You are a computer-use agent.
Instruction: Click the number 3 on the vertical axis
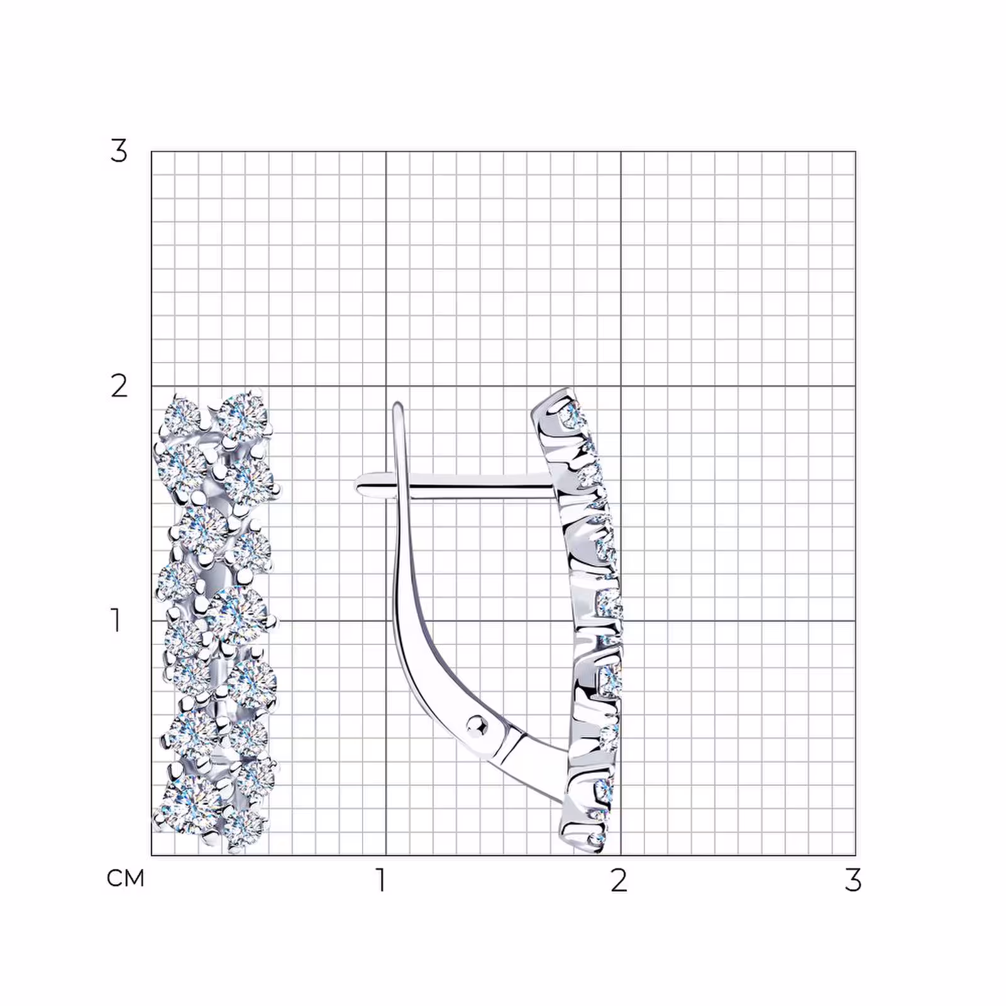pos(119,151)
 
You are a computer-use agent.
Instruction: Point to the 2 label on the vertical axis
pos(119,386)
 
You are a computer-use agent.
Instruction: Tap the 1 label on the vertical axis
pos(116,620)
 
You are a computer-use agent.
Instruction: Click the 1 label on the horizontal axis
pos(381,880)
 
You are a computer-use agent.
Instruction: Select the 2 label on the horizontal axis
pos(619,880)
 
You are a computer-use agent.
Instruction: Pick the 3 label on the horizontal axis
pos(853,880)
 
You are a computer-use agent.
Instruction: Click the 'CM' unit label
pos(126,878)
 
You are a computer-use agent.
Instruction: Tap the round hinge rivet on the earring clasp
pos(478,726)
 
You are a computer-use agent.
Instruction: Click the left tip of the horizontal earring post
pos(356,485)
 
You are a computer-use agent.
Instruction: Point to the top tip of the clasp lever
pos(397,405)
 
